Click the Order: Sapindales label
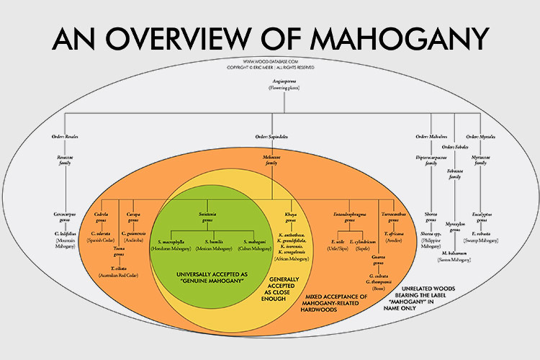271,136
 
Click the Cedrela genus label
105,217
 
